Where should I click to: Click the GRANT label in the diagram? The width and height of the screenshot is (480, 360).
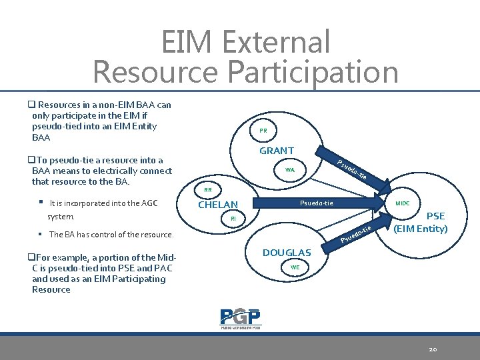277,151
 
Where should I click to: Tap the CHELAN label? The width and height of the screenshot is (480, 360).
218,205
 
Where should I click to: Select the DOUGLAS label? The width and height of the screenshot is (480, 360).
287,253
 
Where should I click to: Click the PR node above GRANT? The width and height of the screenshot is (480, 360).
263,131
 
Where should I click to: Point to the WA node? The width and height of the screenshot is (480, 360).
290,170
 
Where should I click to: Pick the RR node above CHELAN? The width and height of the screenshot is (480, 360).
208,190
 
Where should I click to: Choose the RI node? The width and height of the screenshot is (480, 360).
233,219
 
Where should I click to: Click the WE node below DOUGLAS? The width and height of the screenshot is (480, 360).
295,267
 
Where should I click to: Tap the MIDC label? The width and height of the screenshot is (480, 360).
403,202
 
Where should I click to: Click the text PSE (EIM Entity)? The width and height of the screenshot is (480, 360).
421,223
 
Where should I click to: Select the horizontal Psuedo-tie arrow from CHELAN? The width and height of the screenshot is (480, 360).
317,203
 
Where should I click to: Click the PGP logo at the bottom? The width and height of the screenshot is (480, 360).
240,318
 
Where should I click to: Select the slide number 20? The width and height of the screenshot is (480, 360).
433,349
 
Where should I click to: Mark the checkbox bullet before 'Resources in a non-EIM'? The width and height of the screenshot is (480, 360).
31,105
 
